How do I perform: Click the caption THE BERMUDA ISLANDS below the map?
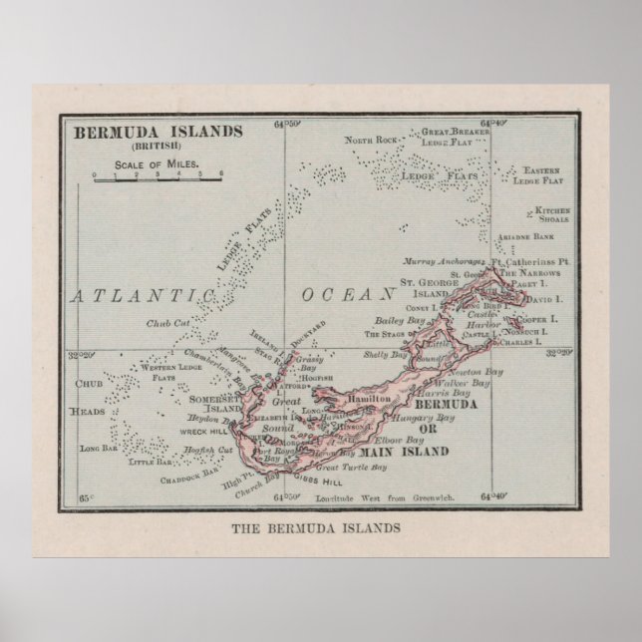click(x=316, y=527)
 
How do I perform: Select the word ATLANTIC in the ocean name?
click(x=139, y=296)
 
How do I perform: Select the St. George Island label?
click(x=427, y=289)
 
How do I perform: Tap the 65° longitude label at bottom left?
click(x=86, y=495)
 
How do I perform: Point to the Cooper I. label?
click(x=541, y=319)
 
